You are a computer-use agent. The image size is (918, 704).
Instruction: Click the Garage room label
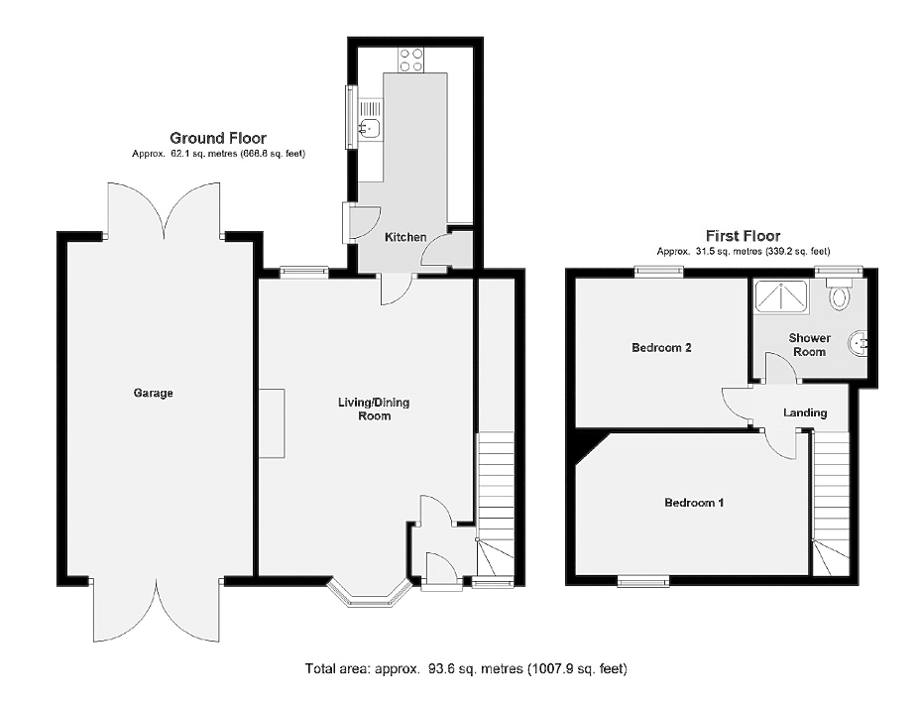(153, 393)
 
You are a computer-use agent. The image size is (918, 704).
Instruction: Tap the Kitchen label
(405, 237)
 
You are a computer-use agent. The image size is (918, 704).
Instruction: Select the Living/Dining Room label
(374, 409)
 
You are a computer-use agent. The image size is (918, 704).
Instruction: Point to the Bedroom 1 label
(694, 503)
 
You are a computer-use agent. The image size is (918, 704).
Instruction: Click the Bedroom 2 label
(661, 347)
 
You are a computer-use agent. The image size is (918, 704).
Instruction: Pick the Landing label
(805, 412)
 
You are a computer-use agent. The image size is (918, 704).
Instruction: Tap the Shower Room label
(809, 345)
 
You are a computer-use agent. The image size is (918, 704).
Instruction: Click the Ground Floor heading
(218, 138)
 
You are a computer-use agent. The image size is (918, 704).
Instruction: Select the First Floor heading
(743, 236)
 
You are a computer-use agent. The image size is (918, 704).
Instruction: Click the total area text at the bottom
(466, 668)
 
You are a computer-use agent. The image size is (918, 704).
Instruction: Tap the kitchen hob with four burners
(410, 59)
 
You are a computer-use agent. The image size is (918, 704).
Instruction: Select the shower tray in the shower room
(781, 296)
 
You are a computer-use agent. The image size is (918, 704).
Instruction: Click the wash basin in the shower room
(858, 344)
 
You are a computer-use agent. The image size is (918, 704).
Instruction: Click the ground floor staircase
(496, 504)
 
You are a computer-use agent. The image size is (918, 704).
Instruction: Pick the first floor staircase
(830, 503)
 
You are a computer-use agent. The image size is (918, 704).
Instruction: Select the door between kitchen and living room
(397, 289)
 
